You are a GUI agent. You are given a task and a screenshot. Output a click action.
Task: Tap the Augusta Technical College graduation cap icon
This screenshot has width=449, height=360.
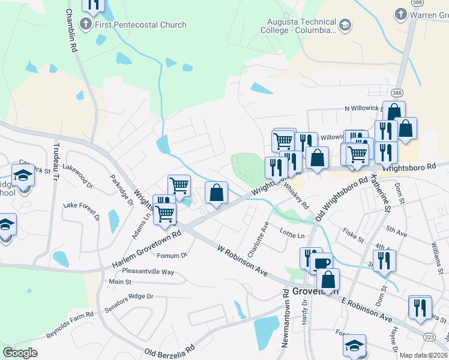tap(345, 26)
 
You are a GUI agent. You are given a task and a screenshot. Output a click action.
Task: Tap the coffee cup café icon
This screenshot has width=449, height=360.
tap(321, 263)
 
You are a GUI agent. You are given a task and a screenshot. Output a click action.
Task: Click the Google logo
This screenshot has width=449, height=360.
tap(20, 353)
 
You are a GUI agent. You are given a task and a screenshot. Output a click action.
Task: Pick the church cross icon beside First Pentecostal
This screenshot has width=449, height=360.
tap(85, 25)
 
